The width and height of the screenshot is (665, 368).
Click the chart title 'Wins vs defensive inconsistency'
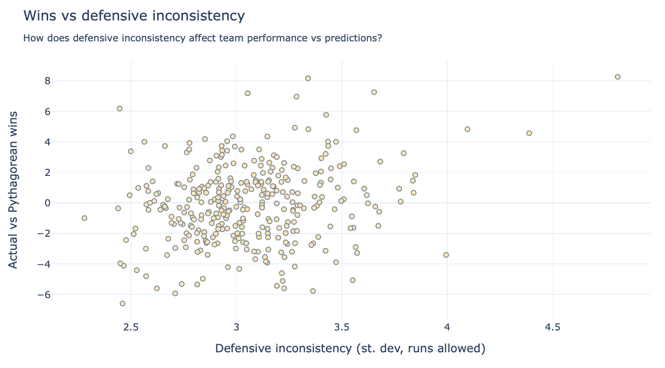pos(134,16)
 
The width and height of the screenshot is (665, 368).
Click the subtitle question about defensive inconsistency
pos(202,38)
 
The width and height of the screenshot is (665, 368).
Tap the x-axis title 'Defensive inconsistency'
pos(350,349)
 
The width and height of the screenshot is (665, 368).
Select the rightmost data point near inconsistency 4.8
pos(617,77)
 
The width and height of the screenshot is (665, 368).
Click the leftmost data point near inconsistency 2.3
pos(84,218)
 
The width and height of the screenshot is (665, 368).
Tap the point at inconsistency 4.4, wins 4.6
pos(529,133)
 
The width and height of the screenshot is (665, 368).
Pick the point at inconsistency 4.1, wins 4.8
pos(467,129)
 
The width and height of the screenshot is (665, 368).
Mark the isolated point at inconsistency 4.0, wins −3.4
pos(446,255)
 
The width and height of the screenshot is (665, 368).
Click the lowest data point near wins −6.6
pos(122,303)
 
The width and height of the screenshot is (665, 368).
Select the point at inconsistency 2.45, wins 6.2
pos(120,108)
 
